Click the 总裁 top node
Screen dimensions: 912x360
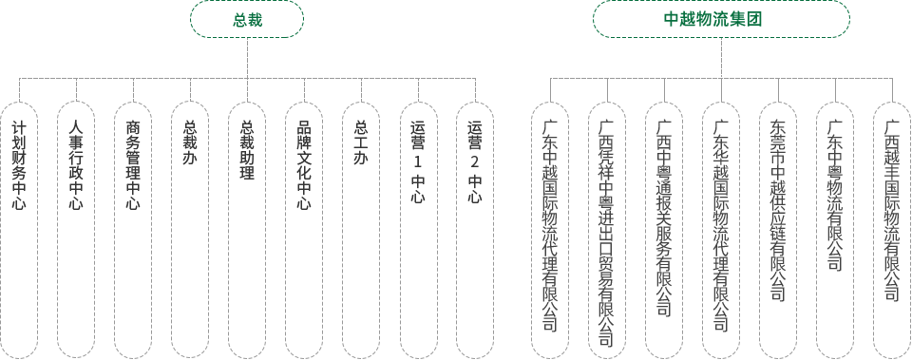pos(247,19)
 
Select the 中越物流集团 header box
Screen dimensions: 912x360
pos(721,19)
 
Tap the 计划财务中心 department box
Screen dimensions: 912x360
pos(19,230)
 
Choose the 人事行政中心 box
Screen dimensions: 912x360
pos(76,230)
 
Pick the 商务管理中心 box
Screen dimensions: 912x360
pos(133,230)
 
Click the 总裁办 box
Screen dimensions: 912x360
pos(190,230)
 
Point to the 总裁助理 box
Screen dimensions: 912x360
pos(247,230)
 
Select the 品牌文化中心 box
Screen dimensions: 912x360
pos(304,230)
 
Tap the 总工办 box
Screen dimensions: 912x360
pos(361,230)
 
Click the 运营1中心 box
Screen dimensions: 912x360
pos(418,230)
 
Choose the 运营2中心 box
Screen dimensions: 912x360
pos(475,230)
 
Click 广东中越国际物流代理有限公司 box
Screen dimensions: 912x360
pos(550,230)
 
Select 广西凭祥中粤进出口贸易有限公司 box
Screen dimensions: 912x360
pos(607,230)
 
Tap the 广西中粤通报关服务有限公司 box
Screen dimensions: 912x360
pos(664,230)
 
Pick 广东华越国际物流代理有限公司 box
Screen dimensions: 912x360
pos(721,230)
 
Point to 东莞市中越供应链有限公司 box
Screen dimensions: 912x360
pos(778,230)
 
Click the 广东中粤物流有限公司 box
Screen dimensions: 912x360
pos(835,230)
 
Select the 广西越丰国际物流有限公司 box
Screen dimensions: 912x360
pos(892,230)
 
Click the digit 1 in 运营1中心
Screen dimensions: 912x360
pos(418,162)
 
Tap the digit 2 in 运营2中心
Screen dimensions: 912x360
pos(475,162)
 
